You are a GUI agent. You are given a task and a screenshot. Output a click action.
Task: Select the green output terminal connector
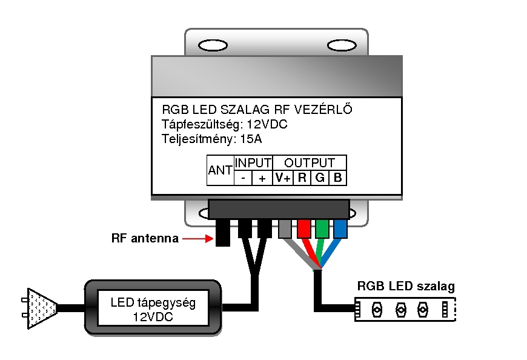[322, 229]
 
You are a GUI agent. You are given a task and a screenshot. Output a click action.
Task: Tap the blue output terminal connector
[340, 229]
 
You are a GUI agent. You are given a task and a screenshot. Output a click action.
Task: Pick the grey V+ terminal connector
[284, 229]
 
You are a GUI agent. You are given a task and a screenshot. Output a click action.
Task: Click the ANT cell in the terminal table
[220, 170]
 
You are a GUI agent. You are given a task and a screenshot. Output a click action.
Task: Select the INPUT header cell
[253, 162]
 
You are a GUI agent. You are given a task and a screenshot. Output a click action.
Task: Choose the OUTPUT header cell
[310, 162]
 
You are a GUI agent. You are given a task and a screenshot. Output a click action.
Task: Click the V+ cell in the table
[283, 178]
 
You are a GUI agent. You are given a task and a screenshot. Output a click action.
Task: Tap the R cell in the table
[302, 178]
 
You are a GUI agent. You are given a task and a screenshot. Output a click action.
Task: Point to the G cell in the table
[320, 178]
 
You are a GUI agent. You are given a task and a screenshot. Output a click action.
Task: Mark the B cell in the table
[338, 178]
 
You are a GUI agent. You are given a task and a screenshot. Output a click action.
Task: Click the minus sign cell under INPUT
[244, 178]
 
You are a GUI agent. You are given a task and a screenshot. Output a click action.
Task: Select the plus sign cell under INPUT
[262, 178]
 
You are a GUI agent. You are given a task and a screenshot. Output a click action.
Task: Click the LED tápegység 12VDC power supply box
[153, 308]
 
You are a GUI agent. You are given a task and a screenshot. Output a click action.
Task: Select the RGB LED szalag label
[406, 286]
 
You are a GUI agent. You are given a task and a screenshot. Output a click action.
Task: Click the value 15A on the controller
[250, 139]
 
